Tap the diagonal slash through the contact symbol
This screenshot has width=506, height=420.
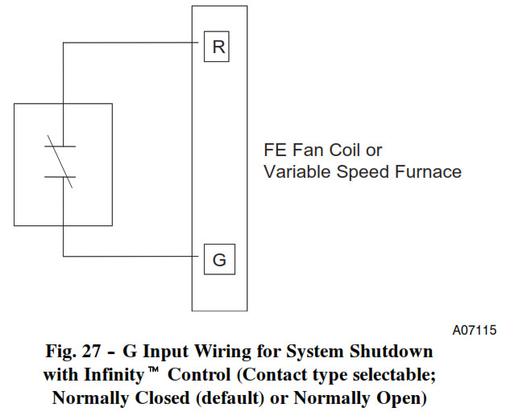tap(60, 161)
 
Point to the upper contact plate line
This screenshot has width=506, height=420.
tap(60, 146)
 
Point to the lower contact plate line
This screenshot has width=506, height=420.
tap(60, 177)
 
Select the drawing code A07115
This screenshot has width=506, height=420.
tap(474, 330)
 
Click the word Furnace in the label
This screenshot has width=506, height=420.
tap(428, 171)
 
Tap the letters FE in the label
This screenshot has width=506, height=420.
tap(275, 150)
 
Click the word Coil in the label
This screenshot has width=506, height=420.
tap(344, 150)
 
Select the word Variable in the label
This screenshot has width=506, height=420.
tap(297, 171)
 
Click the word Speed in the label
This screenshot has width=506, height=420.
tap(363, 172)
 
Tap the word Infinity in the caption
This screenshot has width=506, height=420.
tap(114, 375)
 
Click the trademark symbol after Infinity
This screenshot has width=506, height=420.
tap(153, 369)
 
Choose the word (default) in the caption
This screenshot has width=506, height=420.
tap(230, 398)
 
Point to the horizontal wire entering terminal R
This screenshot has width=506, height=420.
tap(131, 43)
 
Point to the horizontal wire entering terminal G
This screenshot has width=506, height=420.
tap(131, 257)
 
